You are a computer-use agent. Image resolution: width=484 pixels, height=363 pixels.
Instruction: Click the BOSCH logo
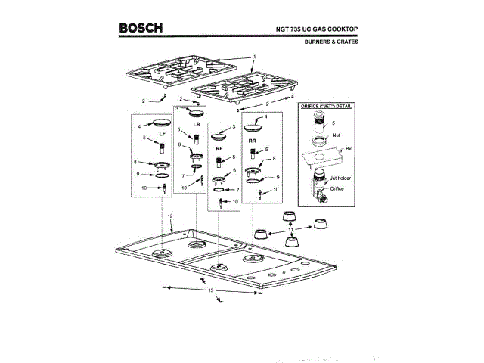(141, 29)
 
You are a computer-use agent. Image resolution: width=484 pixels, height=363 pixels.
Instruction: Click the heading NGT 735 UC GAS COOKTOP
(317, 29)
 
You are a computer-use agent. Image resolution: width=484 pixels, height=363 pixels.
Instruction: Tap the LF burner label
(162, 133)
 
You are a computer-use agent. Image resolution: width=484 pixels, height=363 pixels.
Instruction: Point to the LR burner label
(197, 123)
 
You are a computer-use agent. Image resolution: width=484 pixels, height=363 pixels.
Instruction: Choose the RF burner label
(219, 149)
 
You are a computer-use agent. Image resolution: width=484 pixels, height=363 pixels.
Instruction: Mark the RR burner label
(253, 141)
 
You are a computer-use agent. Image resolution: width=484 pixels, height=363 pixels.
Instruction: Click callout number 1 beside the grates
(255, 57)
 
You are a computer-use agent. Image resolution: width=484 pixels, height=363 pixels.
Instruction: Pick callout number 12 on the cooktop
(171, 216)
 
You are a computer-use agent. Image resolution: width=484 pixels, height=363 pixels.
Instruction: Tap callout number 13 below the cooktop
(212, 290)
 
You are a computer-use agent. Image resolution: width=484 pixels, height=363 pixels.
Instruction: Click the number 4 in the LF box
(139, 126)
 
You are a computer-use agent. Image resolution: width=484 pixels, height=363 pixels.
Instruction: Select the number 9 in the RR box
(278, 177)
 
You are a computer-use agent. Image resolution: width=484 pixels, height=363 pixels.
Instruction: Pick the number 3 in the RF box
(234, 127)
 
